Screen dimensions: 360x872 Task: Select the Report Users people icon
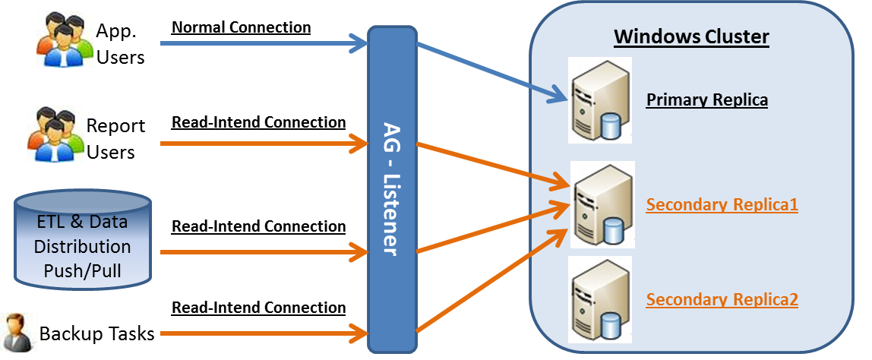click(x=55, y=134)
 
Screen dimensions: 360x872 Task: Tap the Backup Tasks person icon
click(x=16, y=333)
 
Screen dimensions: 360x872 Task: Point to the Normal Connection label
click(x=241, y=27)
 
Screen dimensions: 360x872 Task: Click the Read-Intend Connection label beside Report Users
click(x=258, y=122)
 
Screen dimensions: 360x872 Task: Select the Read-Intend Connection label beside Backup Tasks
click(x=258, y=308)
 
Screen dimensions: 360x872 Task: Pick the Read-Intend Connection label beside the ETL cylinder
click(x=258, y=226)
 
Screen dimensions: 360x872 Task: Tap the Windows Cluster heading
click(x=691, y=36)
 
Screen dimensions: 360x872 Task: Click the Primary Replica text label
click(x=706, y=100)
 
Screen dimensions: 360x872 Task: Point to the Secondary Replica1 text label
click(x=722, y=205)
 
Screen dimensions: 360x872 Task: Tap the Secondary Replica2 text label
click(x=722, y=299)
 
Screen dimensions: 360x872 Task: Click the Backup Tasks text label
click(x=96, y=333)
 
